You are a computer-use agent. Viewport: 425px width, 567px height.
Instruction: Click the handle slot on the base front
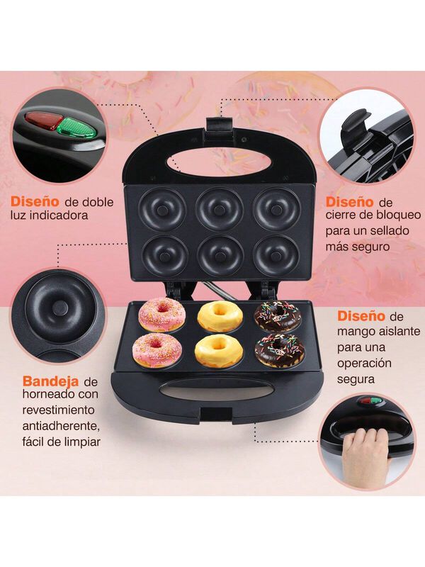point(213,391)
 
